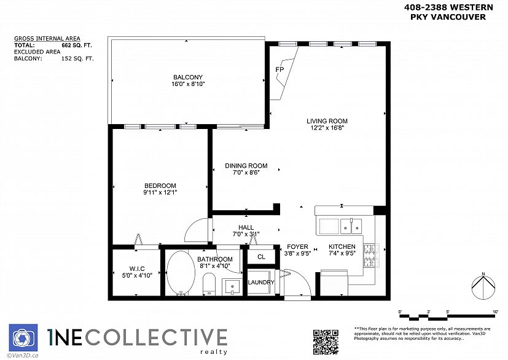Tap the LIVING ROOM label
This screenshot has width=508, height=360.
point(327,121)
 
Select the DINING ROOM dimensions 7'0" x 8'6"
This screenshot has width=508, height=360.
point(246,173)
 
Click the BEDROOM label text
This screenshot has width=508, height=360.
point(160,186)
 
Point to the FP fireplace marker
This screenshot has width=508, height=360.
point(279,69)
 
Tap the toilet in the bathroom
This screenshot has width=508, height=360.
point(208,284)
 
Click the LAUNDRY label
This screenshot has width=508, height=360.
point(260,283)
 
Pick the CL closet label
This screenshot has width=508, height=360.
point(261,257)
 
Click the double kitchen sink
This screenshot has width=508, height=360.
point(351,227)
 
